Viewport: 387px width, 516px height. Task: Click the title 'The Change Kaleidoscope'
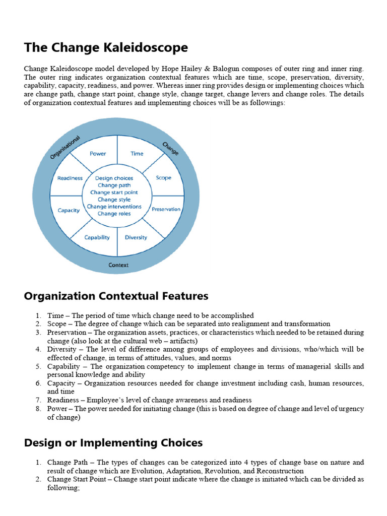pyautogui.click(x=106, y=48)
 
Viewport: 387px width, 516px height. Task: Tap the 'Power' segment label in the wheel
pyautogui.click(x=97, y=154)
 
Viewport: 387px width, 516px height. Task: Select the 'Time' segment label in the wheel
pyautogui.click(x=137, y=154)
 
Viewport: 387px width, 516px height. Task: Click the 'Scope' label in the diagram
pyautogui.click(x=163, y=178)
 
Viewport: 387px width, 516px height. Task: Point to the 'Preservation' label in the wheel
pyautogui.click(x=166, y=209)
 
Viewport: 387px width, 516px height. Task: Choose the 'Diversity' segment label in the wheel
pyautogui.click(x=136, y=237)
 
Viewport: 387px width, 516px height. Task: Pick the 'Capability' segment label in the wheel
pyautogui.click(x=97, y=237)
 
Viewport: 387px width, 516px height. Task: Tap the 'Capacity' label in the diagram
pyautogui.click(x=69, y=210)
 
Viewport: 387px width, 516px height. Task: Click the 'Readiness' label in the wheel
pyautogui.click(x=70, y=178)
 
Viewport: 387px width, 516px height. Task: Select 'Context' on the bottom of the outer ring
pyautogui.click(x=118, y=265)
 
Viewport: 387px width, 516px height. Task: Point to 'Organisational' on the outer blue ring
pyautogui.click(x=65, y=148)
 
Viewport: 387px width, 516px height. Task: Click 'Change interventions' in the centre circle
pyautogui.click(x=114, y=207)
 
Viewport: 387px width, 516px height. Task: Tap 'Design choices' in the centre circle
pyautogui.click(x=114, y=178)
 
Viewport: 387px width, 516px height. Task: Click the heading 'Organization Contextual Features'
pyautogui.click(x=116, y=296)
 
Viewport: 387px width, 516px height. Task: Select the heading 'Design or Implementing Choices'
pyautogui.click(x=113, y=443)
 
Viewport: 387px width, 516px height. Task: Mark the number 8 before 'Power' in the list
pyautogui.click(x=38, y=409)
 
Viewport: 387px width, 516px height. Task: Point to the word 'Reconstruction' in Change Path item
pyautogui.click(x=280, y=471)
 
